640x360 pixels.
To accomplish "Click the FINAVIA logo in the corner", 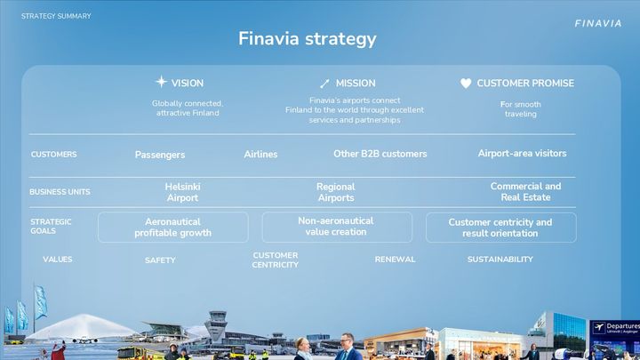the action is pyautogui.click(x=598, y=23).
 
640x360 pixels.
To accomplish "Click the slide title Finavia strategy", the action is pyautogui.click(x=308, y=39).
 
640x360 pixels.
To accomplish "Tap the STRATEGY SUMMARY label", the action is pyautogui.click(x=56, y=16).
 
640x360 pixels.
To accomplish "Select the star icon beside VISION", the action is pyautogui.click(x=161, y=82).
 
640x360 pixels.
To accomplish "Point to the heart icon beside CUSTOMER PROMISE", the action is pyautogui.click(x=466, y=84).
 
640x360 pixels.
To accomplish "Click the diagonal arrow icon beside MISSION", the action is pyautogui.click(x=324, y=84).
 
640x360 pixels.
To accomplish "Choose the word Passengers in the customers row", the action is pyautogui.click(x=160, y=155).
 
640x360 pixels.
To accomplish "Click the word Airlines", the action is pyautogui.click(x=260, y=154).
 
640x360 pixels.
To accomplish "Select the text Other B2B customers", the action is pyautogui.click(x=380, y=154).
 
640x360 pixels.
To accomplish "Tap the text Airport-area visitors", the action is pyautogui.click(x=522, y=153).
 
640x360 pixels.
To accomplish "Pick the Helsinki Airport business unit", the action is pyautogui.click(x=182, y=192).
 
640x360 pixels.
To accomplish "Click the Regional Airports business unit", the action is pyautogui.click(x=336, y=192).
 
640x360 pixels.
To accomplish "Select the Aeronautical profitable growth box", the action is pyautogui.click(x=173, y=228).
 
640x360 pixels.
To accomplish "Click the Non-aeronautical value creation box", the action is pyautogui.click(x=337, y=227).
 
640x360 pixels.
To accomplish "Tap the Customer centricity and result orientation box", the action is pyautogui.click(x=501, y=228).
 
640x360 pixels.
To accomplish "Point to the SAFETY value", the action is pyautogui.click(x=160, y=260).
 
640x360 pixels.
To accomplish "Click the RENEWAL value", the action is pyautogui.click(x=395, y=260).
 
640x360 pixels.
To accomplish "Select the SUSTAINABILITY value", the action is pyautogui.click(x=500, y=260).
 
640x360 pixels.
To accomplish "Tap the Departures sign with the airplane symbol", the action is pyautogui.click(x=615, y=328).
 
